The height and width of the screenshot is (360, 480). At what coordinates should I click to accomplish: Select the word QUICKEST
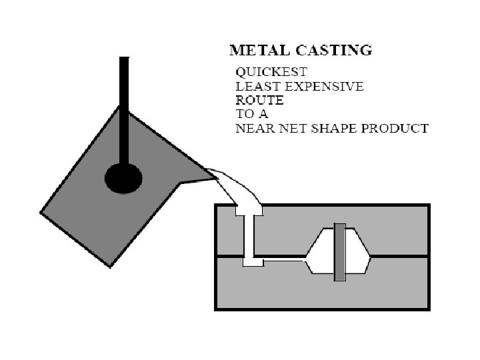point(263,71)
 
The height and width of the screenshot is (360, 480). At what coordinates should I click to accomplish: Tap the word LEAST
point(254,86)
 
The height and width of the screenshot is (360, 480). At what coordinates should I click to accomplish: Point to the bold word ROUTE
point(259,100)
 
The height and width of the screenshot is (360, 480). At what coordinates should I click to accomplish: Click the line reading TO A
point(252,114)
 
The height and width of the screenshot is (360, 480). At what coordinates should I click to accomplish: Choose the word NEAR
point(254,128)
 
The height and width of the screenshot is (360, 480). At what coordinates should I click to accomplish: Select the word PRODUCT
point(396,128)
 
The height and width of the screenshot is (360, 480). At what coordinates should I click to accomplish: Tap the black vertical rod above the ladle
point(124,100)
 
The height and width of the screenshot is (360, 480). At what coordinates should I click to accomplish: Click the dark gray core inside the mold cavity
point(340,252)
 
